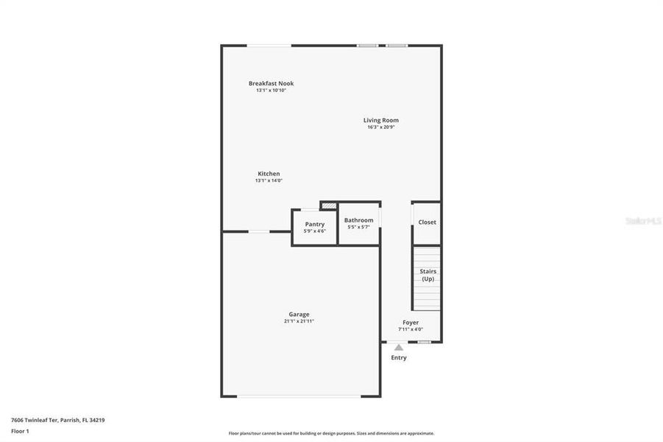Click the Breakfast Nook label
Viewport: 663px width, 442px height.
tap(271, 83)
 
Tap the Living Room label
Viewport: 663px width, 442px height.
tap(380, 120)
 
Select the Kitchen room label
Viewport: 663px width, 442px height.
tap(269, 174)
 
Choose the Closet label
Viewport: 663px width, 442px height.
tap(427, 222)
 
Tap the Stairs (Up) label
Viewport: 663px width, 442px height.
tap(428, 275)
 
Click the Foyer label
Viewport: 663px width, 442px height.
tap(410, 323)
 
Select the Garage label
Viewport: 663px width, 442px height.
tap(299, 315)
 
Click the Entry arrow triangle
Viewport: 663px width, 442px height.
tap(398, 348)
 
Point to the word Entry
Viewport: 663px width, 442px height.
tap(398, 358)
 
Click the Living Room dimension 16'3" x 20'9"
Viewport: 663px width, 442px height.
tap(381, 127)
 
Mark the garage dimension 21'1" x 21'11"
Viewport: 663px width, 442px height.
tap(299, 322)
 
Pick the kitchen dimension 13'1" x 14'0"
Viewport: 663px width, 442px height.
tap(269, 180)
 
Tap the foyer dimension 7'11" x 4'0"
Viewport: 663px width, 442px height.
tap(410, 329)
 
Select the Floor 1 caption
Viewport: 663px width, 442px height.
tap(20, 431)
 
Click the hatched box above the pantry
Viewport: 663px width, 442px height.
tap(328, 206)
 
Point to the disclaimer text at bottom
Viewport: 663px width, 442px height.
tap(331, 433)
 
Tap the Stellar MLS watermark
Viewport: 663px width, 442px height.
tap(642, 221)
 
